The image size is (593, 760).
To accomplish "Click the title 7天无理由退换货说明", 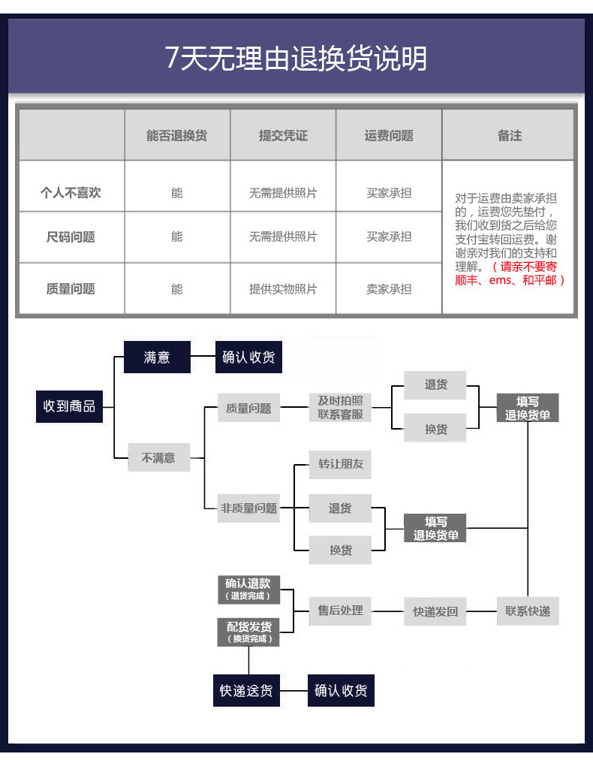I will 296,58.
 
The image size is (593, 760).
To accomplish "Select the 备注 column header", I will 509,136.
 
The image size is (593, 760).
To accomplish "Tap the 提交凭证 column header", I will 283,136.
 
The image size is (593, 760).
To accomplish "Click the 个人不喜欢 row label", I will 71,193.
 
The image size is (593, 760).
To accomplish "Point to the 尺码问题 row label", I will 71,237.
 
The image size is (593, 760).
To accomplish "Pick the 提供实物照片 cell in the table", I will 283,289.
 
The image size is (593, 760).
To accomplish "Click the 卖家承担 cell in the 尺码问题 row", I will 389,237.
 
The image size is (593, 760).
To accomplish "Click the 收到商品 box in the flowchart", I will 69,406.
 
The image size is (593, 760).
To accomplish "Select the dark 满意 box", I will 157,357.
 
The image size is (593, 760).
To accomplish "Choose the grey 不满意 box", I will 158,457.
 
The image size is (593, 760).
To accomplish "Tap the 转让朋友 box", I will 340,464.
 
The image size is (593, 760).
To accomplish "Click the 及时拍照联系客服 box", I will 340,407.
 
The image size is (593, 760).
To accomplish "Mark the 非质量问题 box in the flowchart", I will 248,508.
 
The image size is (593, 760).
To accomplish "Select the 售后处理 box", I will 340,611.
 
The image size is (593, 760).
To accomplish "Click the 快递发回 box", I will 435,611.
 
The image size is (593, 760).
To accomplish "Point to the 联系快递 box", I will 528,611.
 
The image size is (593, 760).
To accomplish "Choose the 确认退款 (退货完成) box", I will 248,590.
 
